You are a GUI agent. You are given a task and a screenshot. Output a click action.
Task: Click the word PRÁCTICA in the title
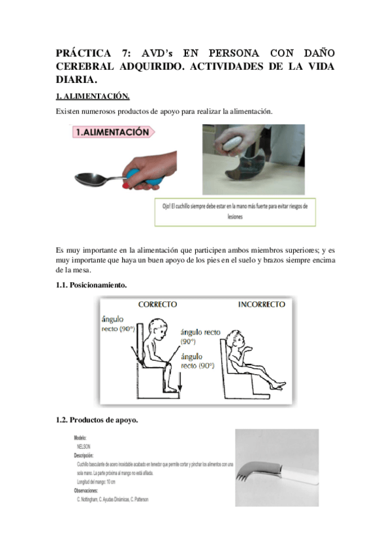coord(84,53)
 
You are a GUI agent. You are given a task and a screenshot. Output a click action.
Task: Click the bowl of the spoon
coord(89,178)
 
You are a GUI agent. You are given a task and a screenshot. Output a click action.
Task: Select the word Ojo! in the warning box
coord(168,206)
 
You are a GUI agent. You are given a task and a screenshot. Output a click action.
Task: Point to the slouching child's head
coord(238,339)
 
